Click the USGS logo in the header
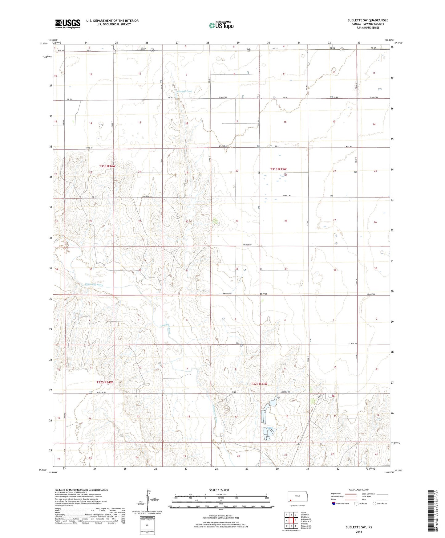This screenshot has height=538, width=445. point(68,24)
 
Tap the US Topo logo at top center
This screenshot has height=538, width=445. point(221,25)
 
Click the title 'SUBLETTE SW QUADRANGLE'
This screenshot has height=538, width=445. point(368,20)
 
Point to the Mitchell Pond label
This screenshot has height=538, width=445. point(184,91)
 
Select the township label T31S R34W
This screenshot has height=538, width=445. point(107,166)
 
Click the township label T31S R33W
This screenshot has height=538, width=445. point(278,169)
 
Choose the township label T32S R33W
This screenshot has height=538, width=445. point(259,384)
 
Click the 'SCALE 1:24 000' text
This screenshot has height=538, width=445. point(219,490)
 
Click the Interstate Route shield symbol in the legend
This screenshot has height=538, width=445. point(334,504)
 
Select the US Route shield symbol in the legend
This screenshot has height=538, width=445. point(356,504)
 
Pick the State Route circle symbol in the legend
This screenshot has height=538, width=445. point(374,504)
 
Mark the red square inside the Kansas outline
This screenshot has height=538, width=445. point(291,500)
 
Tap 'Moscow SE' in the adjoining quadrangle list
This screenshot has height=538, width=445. point(306,519)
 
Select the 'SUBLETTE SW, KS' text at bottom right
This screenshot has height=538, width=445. point(359,527)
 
